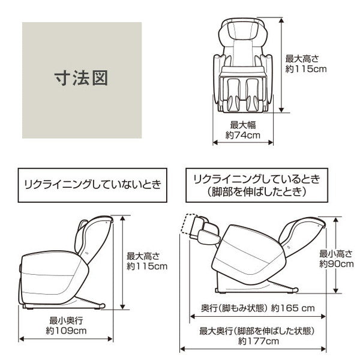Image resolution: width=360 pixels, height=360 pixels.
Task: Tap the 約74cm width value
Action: point(244,135)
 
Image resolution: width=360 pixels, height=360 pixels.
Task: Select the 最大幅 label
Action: point(243,125)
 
